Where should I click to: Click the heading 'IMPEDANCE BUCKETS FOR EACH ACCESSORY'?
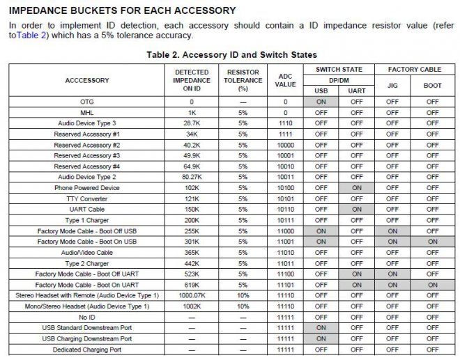(x=122, y=10)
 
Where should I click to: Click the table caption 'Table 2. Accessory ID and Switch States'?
(x=232, y=54)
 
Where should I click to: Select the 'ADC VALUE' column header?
(x=285, y=80)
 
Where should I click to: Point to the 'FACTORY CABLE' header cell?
(x=414, y=69)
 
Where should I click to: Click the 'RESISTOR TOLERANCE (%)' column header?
(x=243, y=80)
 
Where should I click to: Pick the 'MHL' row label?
(x=87, y=112)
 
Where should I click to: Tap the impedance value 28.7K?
(x=191, y=123)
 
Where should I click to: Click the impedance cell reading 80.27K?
(x=191, y=176)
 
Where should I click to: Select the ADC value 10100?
(x=285, y=187)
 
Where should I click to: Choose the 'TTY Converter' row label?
(x=87, y=198)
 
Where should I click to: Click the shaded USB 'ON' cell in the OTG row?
(x=321, y=101)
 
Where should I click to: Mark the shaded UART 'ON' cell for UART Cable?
(x=357, y=209)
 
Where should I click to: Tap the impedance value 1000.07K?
(x=191, y=295)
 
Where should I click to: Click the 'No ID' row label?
(x=87, y=317)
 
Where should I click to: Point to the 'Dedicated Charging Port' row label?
(x=87, y=349)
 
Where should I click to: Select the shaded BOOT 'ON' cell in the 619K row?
(x=433, y=284)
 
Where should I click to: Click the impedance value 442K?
(x=191, y=263)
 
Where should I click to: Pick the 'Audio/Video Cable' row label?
(x=87, y=252)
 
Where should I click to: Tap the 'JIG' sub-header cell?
(x=392, y=86)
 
